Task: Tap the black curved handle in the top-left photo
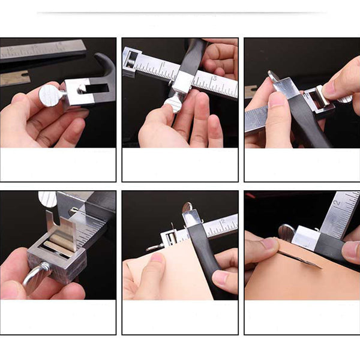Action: coord(105,66)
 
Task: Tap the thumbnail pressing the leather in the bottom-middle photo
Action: coord(157,260)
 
